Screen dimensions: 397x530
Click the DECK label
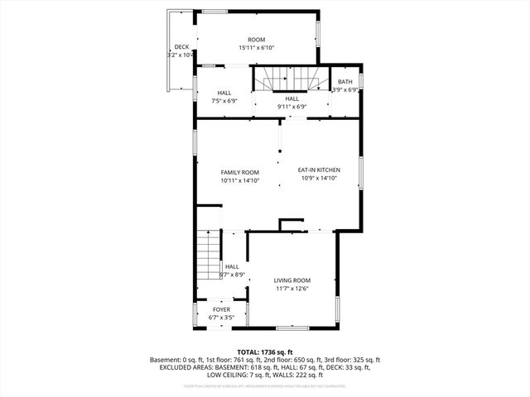click(181, 47)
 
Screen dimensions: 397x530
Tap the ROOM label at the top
click(257, 40)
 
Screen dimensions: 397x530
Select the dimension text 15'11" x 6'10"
click(257, 48)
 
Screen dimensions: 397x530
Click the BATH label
click(344, 82)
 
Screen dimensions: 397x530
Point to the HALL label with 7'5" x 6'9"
click(224, 93)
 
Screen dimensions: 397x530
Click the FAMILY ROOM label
click(239, 172)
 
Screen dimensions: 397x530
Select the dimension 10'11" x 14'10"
click(239, 180)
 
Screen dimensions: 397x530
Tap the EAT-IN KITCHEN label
click(319, 170)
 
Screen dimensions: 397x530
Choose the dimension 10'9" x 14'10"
click(319, 178)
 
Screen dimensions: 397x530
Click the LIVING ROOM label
click(291, 280)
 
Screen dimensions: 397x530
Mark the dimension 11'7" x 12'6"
click(291, 289)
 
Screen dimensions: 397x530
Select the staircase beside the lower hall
click(208, 258)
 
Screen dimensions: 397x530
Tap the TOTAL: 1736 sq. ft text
click(265, 352)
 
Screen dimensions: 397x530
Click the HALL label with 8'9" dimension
click(232, 266)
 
